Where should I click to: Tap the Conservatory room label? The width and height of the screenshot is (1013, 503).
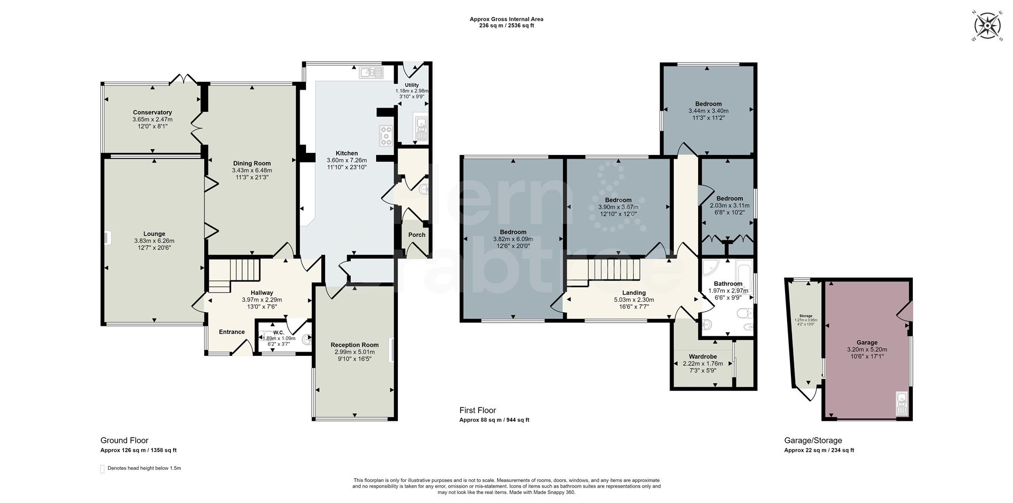tap(152, 112)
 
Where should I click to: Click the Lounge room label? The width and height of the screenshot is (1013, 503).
tap(154, 234)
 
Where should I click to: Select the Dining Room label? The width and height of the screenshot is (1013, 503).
tap(252, 163)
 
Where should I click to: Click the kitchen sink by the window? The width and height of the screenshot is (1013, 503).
tap(371, 73)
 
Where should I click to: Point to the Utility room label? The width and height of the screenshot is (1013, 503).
tap(412, 85)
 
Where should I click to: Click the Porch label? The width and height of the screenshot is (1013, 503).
tap(416, 235)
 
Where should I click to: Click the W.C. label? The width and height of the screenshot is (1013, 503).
tap(279, 332)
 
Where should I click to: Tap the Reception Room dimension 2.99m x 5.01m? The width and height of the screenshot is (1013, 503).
tap(354, 352)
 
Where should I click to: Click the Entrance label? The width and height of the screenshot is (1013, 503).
tap(232, 332)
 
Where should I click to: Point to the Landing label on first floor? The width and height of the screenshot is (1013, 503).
tap(633, 293)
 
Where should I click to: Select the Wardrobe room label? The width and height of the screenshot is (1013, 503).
tap(702, 356)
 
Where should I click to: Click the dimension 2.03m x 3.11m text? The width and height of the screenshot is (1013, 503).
tap(730, 206)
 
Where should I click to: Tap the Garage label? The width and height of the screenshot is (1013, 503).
tap(866, 342)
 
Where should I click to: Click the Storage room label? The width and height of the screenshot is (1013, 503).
tap(805, 315)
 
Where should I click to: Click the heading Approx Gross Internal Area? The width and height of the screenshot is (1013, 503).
tap(506, 19)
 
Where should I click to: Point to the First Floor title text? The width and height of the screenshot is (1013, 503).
tap(477, 410)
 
